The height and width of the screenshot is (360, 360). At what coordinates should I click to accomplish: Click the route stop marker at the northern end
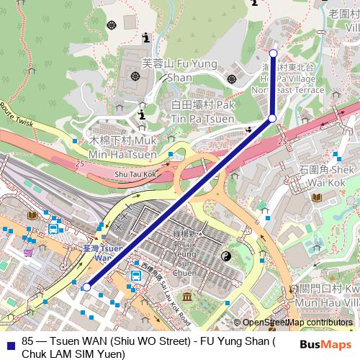tap(273, 53)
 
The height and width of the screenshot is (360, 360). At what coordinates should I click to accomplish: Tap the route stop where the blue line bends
tap(273, 118)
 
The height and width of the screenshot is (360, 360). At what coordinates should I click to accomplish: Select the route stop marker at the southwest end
tap(86, 287)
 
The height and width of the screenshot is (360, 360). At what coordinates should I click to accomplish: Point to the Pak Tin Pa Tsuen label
tap(203, 112)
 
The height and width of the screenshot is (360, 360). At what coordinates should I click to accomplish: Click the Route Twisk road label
tap(16, 116)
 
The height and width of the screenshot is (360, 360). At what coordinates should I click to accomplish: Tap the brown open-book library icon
tap(32, 215)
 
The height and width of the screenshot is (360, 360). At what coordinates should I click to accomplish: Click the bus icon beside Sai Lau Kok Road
tap(135, 275)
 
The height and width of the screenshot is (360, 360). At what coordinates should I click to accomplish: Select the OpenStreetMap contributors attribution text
tap(297, 323)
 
